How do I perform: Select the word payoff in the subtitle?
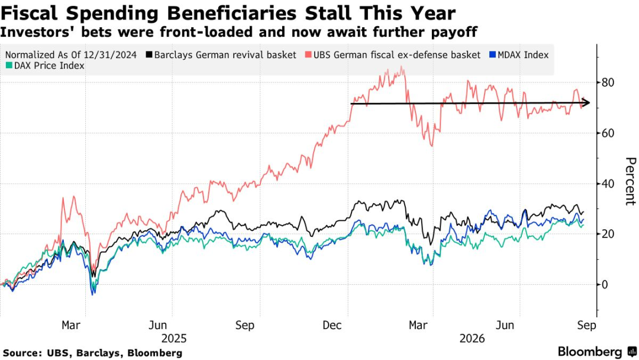454,32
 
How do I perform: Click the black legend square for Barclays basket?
149,54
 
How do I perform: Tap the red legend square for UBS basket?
308,54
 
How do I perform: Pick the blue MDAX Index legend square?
493,54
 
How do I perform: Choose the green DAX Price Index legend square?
9,65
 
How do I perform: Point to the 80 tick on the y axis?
608,83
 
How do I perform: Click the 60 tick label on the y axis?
608,133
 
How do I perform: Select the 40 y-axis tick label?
608,184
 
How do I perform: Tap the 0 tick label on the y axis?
605,285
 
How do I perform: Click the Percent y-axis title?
630,181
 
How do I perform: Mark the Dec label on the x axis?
332,325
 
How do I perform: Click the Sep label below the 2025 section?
245,325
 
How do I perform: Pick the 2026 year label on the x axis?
472,339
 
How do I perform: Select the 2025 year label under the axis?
174,339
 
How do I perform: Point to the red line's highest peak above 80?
401,66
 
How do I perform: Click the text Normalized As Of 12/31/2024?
71,55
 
